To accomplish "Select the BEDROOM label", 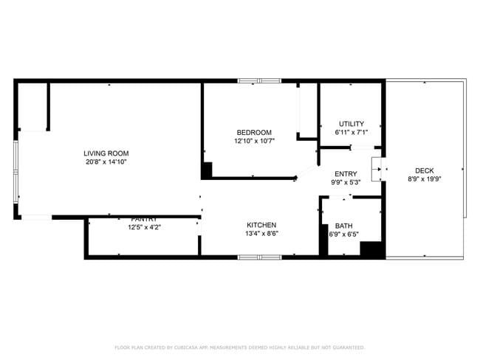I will tap(254, 132).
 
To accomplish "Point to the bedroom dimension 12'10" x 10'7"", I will tap(254, 141).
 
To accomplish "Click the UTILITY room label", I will tap(351, 123).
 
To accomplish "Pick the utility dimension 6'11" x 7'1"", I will tap(351, 133).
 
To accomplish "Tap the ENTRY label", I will tap(346, 173).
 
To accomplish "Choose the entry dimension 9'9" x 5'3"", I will tap(346, 182).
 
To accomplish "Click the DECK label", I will tap(425, 170).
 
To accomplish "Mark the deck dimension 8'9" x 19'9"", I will tap(425, 179).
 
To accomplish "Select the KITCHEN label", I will tap(261, 225).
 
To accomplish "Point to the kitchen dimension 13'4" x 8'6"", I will tap(261, 234).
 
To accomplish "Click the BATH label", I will tap(343, 226).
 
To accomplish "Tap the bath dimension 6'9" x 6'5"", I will tap(343, 235).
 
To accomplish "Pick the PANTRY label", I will tap(144, 219).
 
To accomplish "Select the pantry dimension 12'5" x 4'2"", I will tap(144, 227).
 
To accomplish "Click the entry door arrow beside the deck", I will tap(380, 169).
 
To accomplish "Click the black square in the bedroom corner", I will tap(208, 169).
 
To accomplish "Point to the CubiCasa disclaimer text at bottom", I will tap(239, 347).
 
